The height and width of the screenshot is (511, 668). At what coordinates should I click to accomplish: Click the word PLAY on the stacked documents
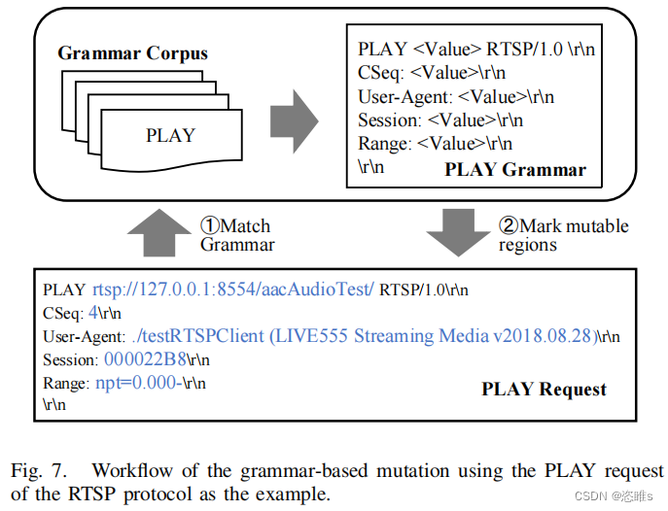(170, 135)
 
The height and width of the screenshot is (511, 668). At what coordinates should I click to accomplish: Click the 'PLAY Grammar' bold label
(515, 170)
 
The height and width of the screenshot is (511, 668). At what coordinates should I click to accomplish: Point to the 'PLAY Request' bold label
(545, 390)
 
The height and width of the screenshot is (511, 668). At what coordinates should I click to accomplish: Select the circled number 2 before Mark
(508, 226)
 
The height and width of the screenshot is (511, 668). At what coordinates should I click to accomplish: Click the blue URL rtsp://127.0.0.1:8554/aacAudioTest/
(232, 290)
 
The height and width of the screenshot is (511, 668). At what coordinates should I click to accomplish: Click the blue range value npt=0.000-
(136, 382)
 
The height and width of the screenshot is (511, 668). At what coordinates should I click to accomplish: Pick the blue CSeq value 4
(92, 313)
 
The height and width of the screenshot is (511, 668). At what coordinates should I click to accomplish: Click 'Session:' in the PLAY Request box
(68, 359)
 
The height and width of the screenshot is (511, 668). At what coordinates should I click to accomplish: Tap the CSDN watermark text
(615, 495)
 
